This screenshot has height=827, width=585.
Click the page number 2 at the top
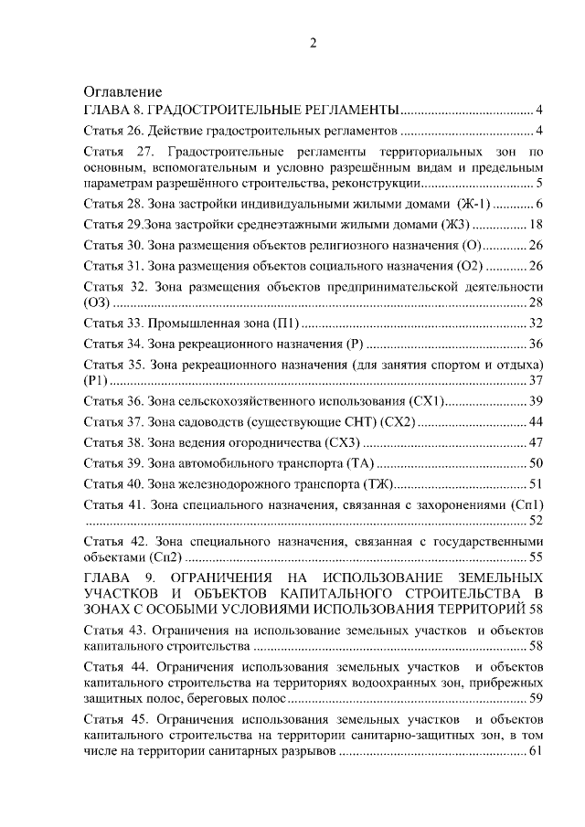pos(313,43)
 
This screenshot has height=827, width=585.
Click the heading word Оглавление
pos(122,92)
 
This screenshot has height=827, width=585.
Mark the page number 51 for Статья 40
pos(537,484)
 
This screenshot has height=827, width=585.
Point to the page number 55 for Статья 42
pos(537,556)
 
